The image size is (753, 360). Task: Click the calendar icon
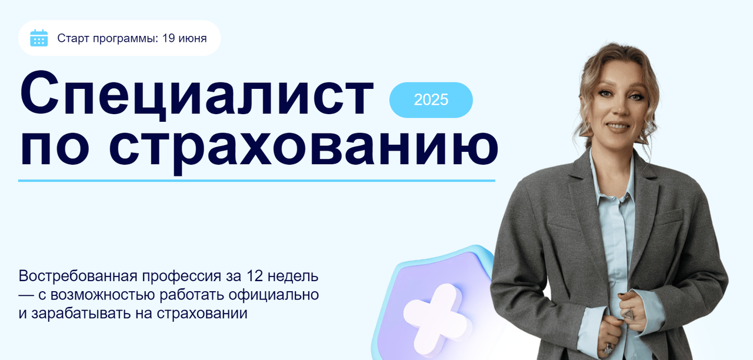39,38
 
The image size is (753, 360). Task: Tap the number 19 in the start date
168,38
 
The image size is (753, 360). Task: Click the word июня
192,39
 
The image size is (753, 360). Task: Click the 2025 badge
431,100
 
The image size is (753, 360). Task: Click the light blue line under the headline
256,181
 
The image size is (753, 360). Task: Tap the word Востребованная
78,276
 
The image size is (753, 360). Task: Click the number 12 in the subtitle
255,276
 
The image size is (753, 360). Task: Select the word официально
274,295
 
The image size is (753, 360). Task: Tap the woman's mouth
618,126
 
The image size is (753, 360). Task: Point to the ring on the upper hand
628,314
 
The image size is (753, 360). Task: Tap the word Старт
74,39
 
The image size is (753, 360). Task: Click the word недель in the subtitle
293,277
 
